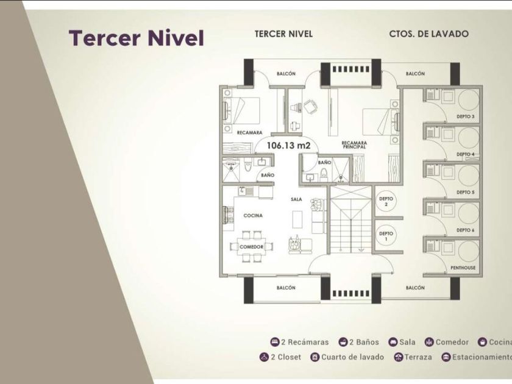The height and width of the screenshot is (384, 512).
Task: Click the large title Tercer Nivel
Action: click(x=136, y=38)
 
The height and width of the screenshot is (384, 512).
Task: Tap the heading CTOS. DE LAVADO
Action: click(x=428, y=34)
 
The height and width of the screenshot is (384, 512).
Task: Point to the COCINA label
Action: click(x=253, y=216)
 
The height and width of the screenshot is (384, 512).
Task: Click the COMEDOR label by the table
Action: click(x=251, y=246)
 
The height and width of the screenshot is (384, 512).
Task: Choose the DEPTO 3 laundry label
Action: click(x=465, y=116)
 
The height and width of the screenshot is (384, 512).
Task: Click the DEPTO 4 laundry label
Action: click(x=465, y=154)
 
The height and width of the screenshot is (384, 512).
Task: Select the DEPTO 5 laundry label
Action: click(x=465, y=193)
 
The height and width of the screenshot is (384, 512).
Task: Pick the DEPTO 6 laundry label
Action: click(x=465, y=230)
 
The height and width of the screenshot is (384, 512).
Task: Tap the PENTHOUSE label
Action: click(x=463, y=269)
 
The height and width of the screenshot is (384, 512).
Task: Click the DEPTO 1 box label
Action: click(x=385, y=236)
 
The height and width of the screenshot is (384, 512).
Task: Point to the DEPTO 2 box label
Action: click(x=385, y=202)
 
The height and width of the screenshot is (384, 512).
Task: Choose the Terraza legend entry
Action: click(x=413, y=357)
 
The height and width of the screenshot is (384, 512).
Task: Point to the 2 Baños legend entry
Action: click(x=359, y=343)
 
